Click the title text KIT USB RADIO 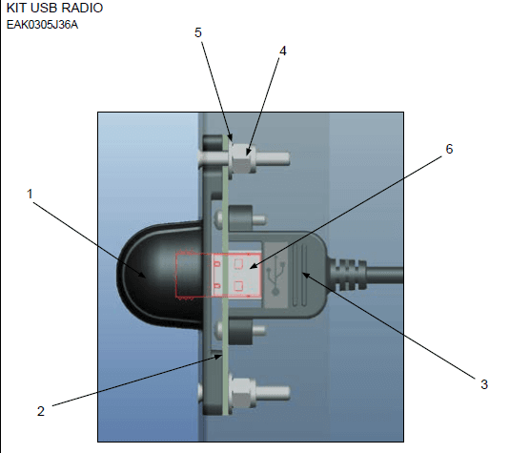click(54, 8)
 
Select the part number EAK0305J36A click(42, 25)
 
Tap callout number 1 click(30, 194)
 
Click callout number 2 click(41, 411)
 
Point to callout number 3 click(484, 384)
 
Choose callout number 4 click(283, 51)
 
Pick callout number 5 click(198, 32)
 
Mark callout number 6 click(449, 149)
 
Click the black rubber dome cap click(160, 275)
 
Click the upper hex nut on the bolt click(243, 158)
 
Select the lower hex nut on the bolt click(243, 392)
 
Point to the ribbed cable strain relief click(348, 275)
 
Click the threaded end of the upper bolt click(273, 158)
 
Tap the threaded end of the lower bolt click(273, 393)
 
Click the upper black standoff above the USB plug click(240, 218)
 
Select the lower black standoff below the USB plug click(240, 332)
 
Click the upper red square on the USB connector click(238, 263)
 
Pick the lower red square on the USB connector click(238, 286)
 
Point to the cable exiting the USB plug click(385, 275)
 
